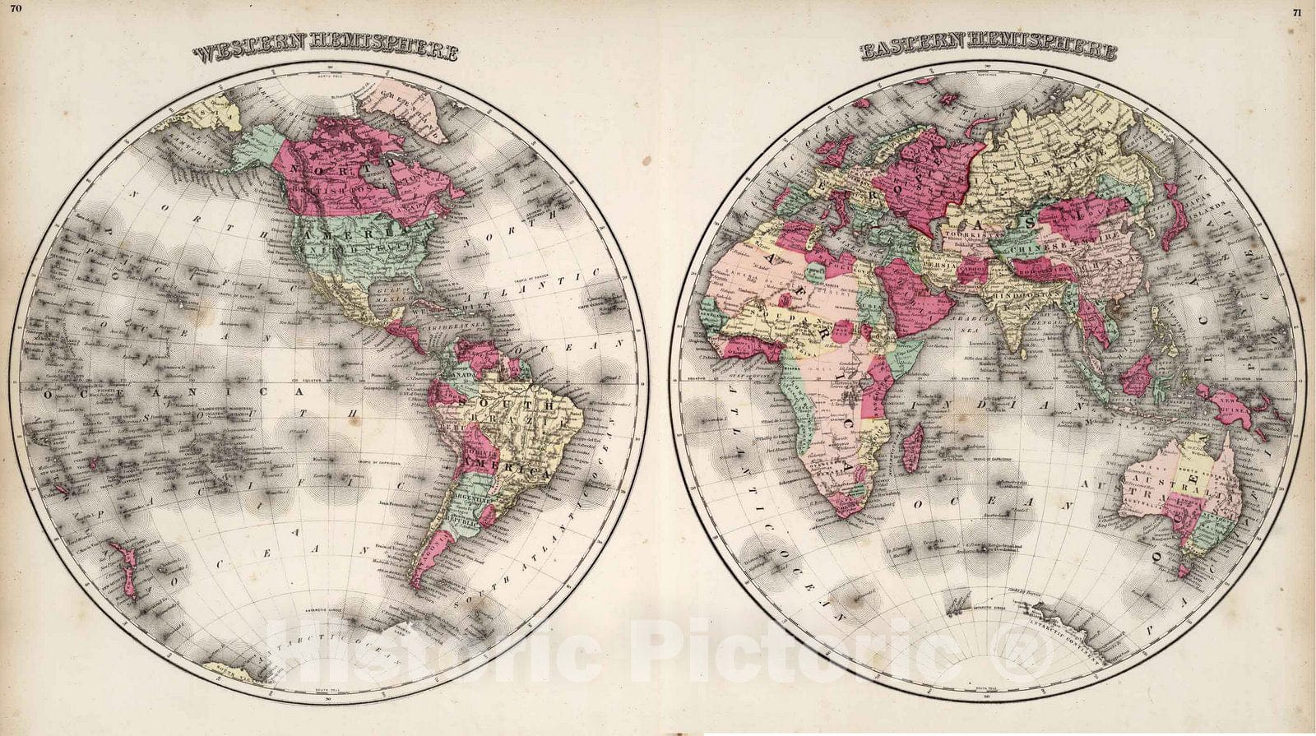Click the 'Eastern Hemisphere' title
pos(989,53)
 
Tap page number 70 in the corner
pos(16,8)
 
